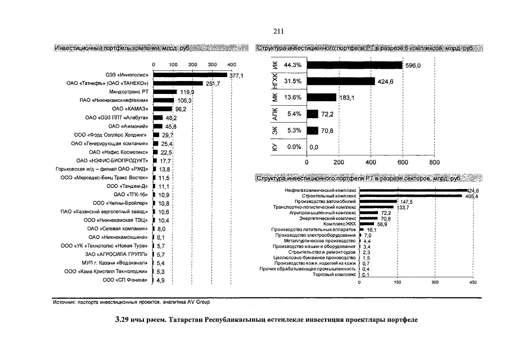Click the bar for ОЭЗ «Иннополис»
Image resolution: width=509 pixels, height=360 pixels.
coord(190,74)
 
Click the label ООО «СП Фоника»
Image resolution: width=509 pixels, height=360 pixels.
coord(127,280)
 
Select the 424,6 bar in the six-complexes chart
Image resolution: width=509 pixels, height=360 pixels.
coord(340,82)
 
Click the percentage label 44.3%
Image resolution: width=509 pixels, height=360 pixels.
coord(292,66)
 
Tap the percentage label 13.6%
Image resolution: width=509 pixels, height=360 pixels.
coord(292,98)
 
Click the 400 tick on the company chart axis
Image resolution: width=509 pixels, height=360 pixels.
coord(231,65)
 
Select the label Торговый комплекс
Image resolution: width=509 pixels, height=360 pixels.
coord(335,275)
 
